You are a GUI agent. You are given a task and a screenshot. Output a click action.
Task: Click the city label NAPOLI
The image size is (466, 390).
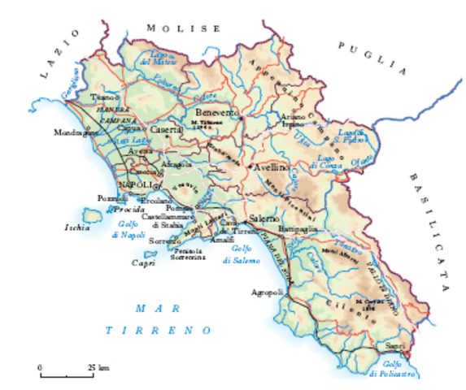click(x=135, y=185)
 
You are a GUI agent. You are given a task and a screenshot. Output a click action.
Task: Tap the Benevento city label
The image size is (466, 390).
click(x=216, y=112)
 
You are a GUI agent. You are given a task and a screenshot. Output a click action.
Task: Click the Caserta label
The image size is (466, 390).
click(x=168, y=130)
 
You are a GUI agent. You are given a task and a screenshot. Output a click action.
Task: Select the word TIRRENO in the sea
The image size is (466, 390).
click(x=159, y=331)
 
